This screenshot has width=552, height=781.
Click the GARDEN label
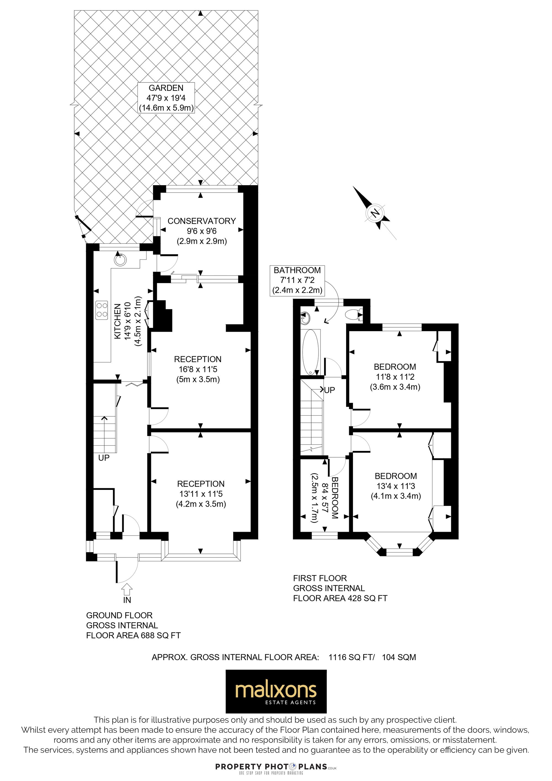[166, 88]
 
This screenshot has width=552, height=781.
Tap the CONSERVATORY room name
[202, 221]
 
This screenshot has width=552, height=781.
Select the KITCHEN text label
[118, 321]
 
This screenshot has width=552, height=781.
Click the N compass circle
[375, 213]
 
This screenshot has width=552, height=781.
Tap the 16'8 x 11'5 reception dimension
[198, 369]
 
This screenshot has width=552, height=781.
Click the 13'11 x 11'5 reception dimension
[201, 493]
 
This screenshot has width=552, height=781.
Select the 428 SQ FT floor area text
[367, 598]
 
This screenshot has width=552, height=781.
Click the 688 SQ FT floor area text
[160, 635]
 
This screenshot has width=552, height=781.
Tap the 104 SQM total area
[399, 657]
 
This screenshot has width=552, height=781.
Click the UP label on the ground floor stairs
[104, 458]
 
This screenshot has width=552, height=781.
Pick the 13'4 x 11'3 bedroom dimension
[396, 486]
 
